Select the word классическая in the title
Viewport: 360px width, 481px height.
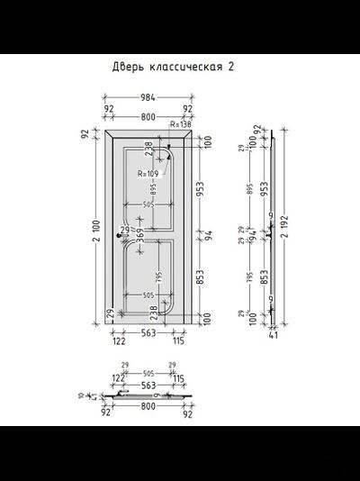coord(178,66)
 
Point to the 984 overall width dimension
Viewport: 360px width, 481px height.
coord(148,97)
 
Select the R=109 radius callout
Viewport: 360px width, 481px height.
coord(148,171)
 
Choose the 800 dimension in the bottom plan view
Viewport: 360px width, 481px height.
coord(148,407)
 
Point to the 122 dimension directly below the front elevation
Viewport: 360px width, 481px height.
coord(117,340)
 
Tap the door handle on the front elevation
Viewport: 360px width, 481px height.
coord(126,236)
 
